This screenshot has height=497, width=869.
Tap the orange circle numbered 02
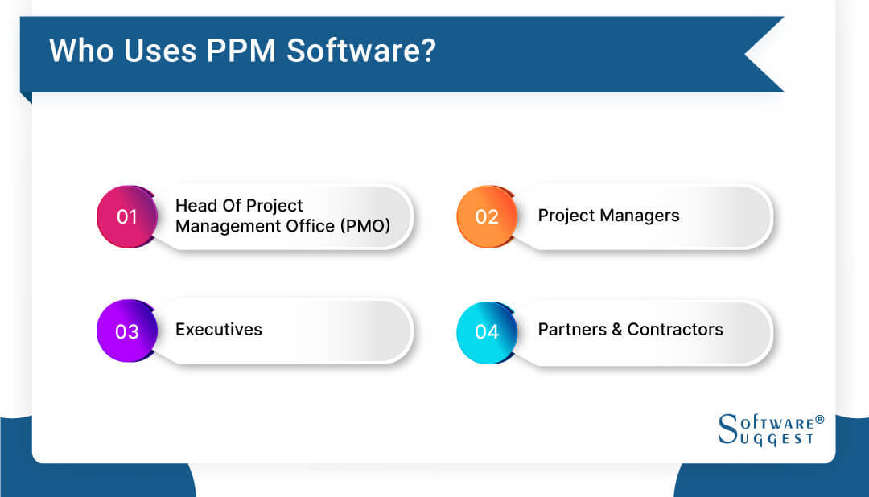486,216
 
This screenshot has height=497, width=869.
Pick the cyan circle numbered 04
486,331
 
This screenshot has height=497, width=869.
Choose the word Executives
219,329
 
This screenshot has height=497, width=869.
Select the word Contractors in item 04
675,329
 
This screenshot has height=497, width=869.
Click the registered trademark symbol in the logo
819,420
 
